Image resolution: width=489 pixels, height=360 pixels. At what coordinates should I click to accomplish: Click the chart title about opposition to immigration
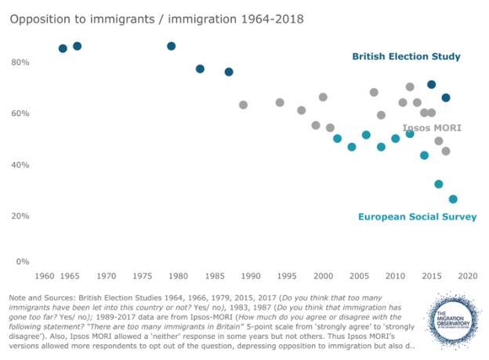coord(157,17)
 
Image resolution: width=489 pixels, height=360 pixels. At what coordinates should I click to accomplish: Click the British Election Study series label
coord(406,56)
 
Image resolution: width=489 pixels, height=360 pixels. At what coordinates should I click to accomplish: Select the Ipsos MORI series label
coord(432,128)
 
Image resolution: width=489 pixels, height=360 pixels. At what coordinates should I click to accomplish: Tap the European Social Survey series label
coord(417,216)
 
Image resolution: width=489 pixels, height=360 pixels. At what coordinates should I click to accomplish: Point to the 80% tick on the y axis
coord(20,62)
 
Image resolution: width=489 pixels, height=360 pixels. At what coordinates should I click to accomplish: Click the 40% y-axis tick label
coord(20,165)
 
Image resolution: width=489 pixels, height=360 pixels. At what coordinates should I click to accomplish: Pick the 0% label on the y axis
coord(22,261)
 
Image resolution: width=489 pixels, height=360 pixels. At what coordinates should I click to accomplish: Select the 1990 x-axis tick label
coord(251,276)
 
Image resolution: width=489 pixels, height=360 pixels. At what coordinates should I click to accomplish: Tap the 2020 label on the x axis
coord(468,276)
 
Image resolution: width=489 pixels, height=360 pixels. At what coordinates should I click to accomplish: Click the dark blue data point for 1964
coord(63,49)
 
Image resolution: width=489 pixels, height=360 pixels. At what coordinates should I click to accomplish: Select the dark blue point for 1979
coord(172,46)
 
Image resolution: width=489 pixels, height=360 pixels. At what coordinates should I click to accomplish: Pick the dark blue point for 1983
coord(200,69)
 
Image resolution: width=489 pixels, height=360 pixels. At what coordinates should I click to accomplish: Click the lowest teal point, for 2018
coord(453,199)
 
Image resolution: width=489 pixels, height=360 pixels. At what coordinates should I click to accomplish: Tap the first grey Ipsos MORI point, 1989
coord(244,104)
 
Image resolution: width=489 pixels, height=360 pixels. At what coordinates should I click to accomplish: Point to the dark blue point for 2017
coord(446,98)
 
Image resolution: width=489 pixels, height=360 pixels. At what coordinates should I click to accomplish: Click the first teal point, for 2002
coord(338,139)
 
